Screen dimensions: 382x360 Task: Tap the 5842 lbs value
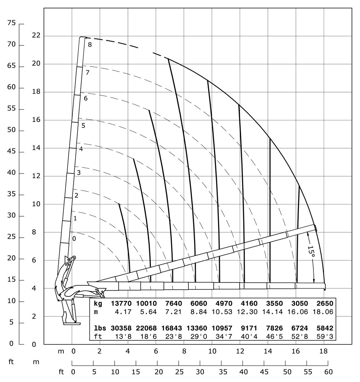[324, 328]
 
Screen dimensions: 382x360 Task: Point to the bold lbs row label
[100, 328]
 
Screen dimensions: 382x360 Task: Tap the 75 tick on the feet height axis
[11, 23]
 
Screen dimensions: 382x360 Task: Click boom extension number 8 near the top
[90, 45]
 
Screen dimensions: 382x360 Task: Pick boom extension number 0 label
[74, 239]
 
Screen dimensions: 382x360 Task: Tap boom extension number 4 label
[81, 149]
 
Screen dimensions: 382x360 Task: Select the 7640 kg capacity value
[172, 304]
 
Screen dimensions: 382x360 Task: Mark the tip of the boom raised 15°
[315, 228]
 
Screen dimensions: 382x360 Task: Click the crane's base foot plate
[72, 324]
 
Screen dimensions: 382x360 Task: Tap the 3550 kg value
[273, 304]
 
